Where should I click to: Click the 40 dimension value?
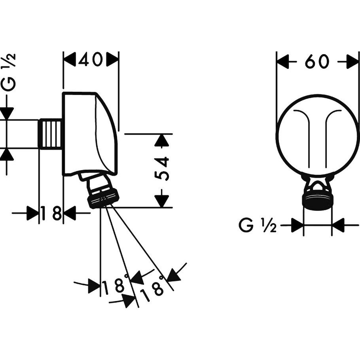coord(91,60)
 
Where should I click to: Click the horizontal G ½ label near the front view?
coord(257,226)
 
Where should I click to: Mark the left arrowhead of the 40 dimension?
coord(70,60)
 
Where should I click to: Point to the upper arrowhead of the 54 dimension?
coord(161,140)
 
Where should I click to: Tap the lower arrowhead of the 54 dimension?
coord(161,201)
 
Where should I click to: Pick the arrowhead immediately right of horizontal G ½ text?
coord(297,226)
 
